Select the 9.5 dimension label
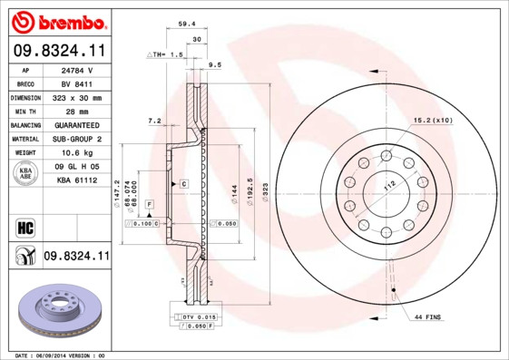click(215, 65)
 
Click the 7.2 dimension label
click(154, 121)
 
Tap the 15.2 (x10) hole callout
click(434, 120)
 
